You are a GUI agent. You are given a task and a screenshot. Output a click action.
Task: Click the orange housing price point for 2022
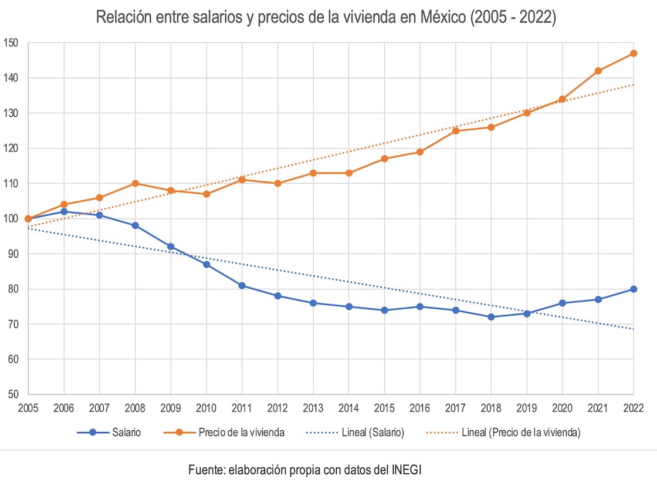pyautogui.click(x=634, y=53)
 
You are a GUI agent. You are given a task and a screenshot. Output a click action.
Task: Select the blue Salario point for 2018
pyautogui.click(x=491, y=317)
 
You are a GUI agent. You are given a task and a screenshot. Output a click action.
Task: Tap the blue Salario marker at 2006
pyautogui.click(x=64, y=211)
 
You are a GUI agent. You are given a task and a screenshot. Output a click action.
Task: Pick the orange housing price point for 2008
pyautogui.click(x=135, y=183)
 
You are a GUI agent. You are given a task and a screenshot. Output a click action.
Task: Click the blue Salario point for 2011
pyautogui.click(x=242, y=285)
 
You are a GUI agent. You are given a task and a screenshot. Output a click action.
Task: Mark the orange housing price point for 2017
pyautogui.click(x=455, y=130)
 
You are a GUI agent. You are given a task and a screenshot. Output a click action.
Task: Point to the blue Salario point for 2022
pyautogui.click(x=634, y=289)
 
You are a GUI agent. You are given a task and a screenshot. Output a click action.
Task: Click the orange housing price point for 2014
pyautogui.click(x=348, y=173)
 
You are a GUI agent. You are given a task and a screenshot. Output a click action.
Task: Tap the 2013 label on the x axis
pyautogui.click(x=313, y=407)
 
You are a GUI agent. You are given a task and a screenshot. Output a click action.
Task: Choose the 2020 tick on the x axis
pyautogui.click(x=562, y=407)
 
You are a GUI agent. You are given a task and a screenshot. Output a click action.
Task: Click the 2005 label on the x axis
pyautogui.click(x=28, y=407)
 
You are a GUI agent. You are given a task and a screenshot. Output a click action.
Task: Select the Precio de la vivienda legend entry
pyautogui.click(x=241, y=433)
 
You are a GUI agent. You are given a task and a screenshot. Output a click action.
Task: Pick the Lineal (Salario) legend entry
pyautogui.click(x=372, y=433)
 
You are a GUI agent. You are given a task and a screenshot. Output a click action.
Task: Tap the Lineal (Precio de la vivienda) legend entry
pyautogui.click(x=521, y=433)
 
